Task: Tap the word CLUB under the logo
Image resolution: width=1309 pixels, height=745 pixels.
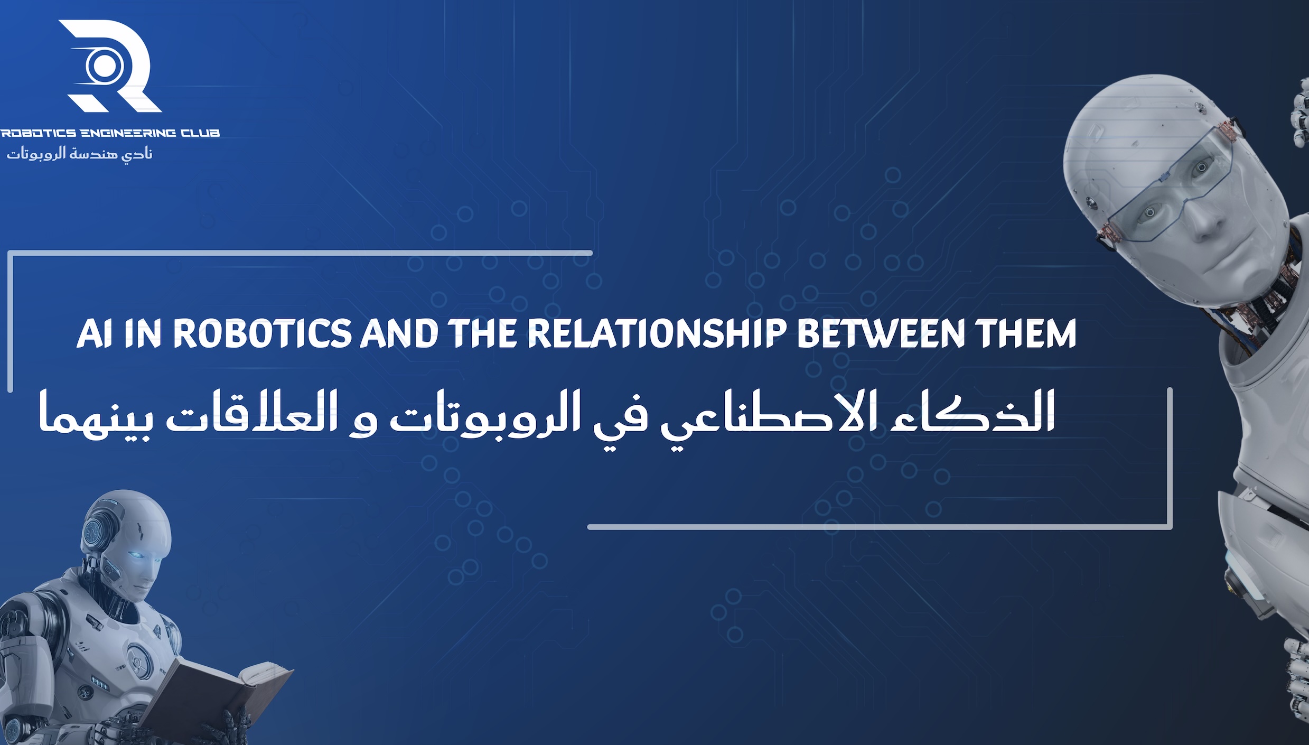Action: click(x=200, y=133)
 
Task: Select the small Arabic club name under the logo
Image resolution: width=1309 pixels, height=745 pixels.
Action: click(x=79, y=154)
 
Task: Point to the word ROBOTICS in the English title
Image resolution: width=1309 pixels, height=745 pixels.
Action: click(x=262, y=334)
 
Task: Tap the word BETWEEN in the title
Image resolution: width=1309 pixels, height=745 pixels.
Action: click(x=880, y=334)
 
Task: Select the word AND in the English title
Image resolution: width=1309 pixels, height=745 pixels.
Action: click(x=399, y=334)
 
